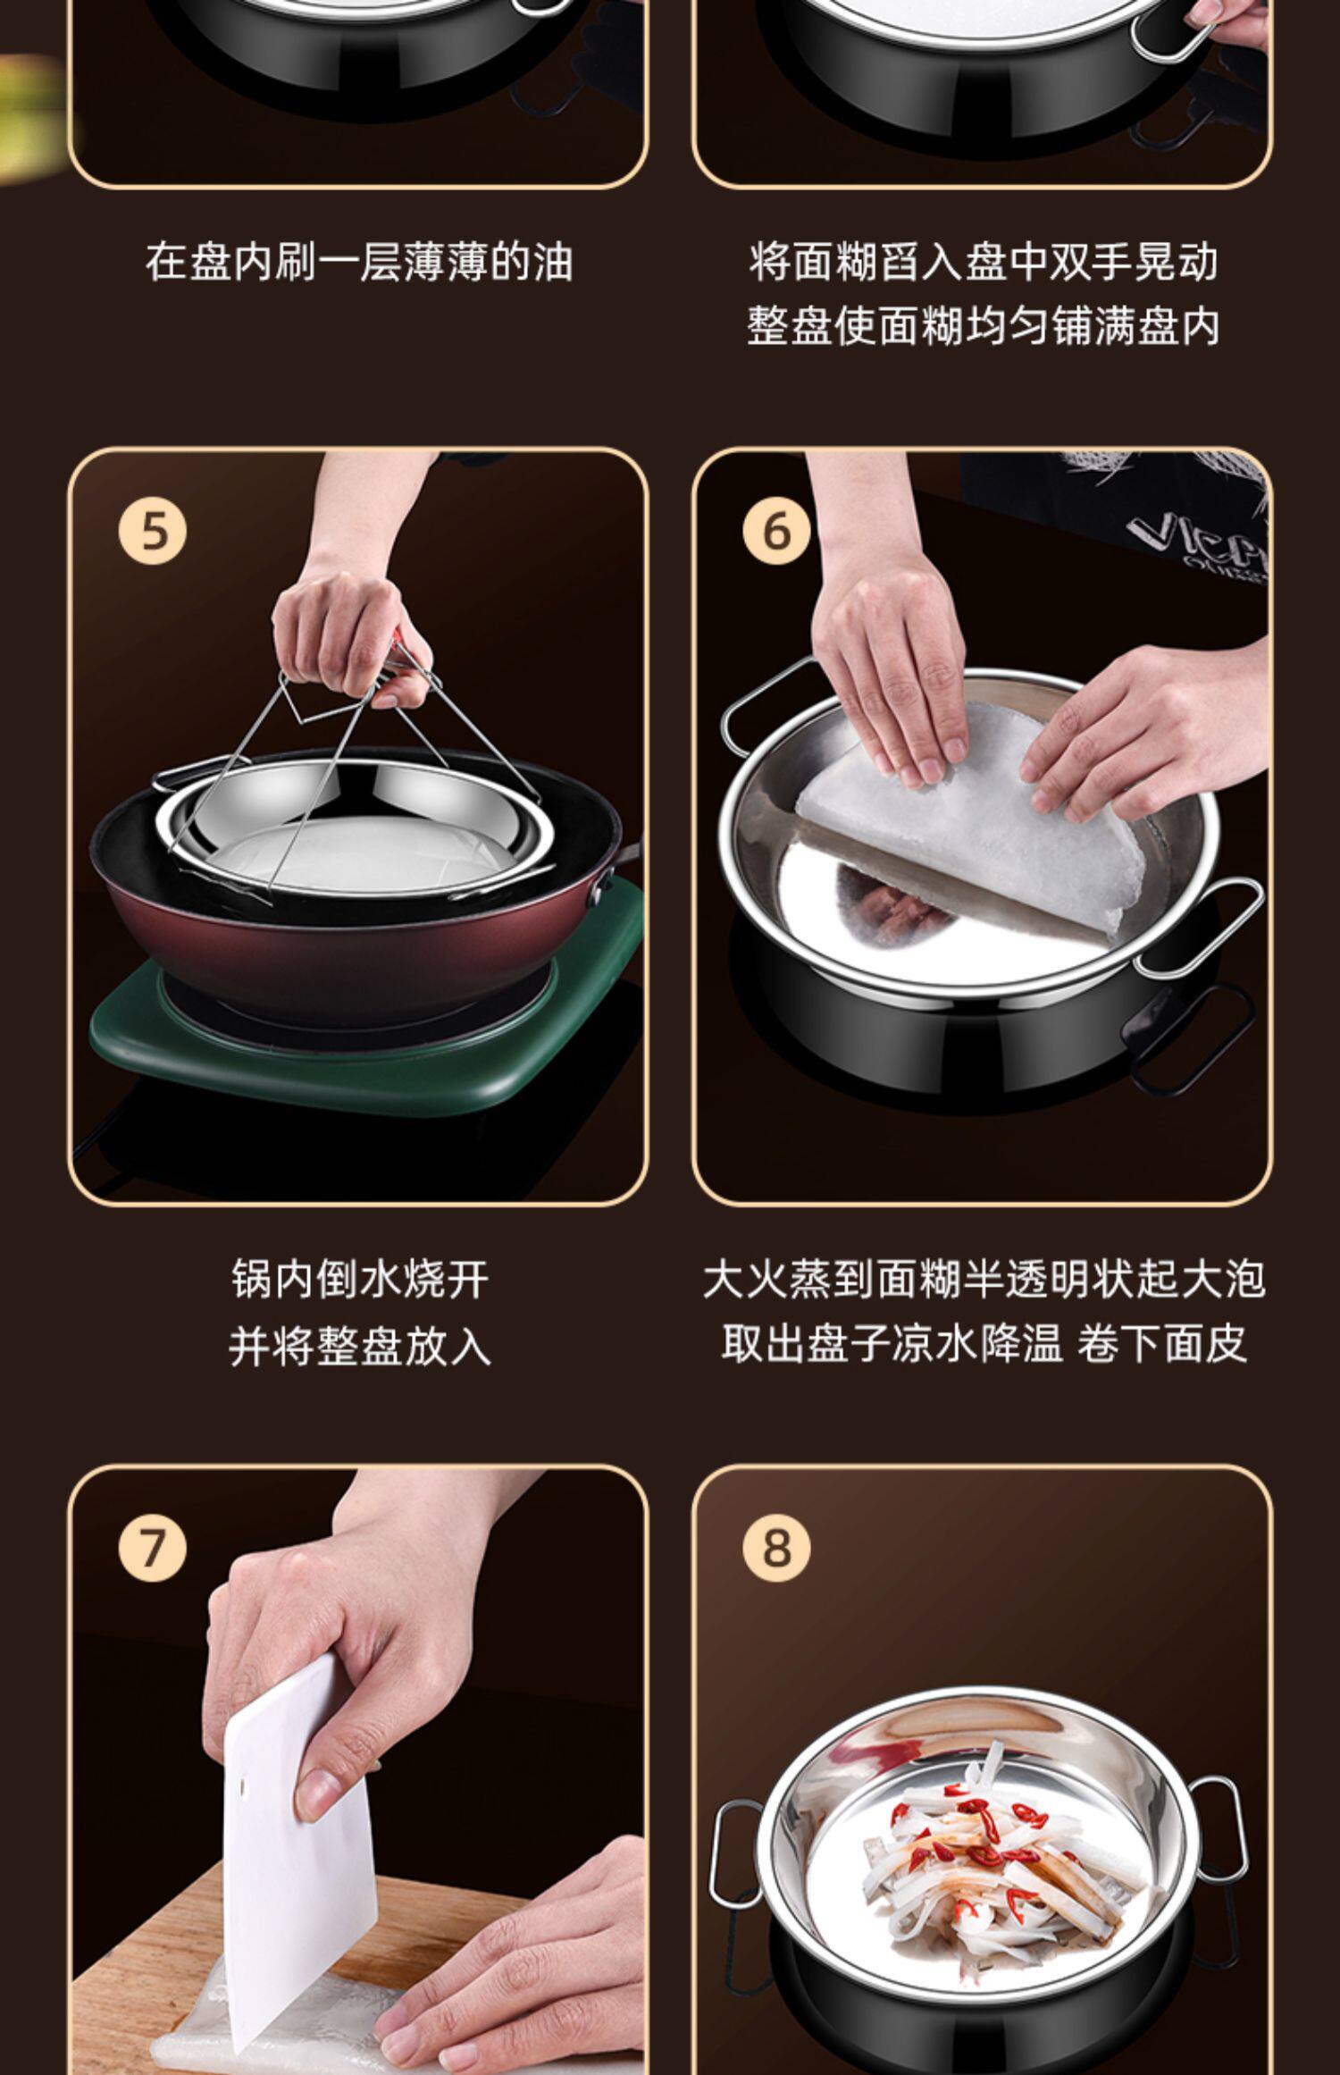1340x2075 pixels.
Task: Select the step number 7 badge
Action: pyautogui.click(x=153, y=1547)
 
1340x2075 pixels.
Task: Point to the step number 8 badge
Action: pyautogui.click(x=776, y=1547)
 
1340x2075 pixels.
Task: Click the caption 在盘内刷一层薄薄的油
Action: pyautogui.click(x=358, y=262)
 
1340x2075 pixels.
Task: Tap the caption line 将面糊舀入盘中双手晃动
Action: pyautogui.click(x=984, y=262)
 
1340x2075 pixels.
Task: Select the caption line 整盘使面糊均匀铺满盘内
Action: pyautogui.click(x=984, y=326)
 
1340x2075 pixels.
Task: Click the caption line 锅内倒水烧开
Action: pyautogui.click(x=360, y=1279)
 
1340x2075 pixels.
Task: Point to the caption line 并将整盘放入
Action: pyautogui.click(x=360, y=1345)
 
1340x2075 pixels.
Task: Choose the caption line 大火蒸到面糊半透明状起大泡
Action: pyautogui.click(x=984, y=1279)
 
